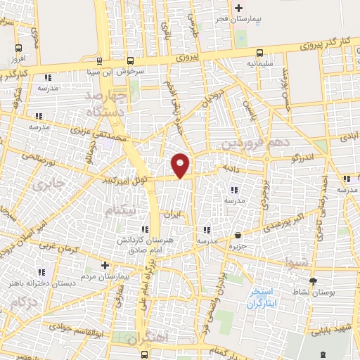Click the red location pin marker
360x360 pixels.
click(x=181, y=165)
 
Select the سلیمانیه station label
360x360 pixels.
click(x=260, y=63)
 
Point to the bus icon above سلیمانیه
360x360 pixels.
click(x=260, y=51)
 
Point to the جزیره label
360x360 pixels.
click(x=239, y=246)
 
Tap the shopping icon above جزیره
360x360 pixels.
click(x=239, y=236)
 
